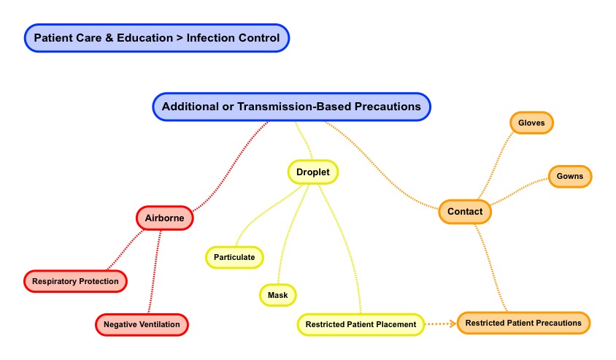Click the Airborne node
164,218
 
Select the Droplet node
313,172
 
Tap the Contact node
465,212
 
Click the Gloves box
531,123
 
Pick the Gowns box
570,176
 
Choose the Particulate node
234,257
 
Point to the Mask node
277,295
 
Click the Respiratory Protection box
75,281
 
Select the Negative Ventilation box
142,324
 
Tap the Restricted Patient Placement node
361,324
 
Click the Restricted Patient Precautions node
523,323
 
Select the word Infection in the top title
212,38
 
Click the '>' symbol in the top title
180,38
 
